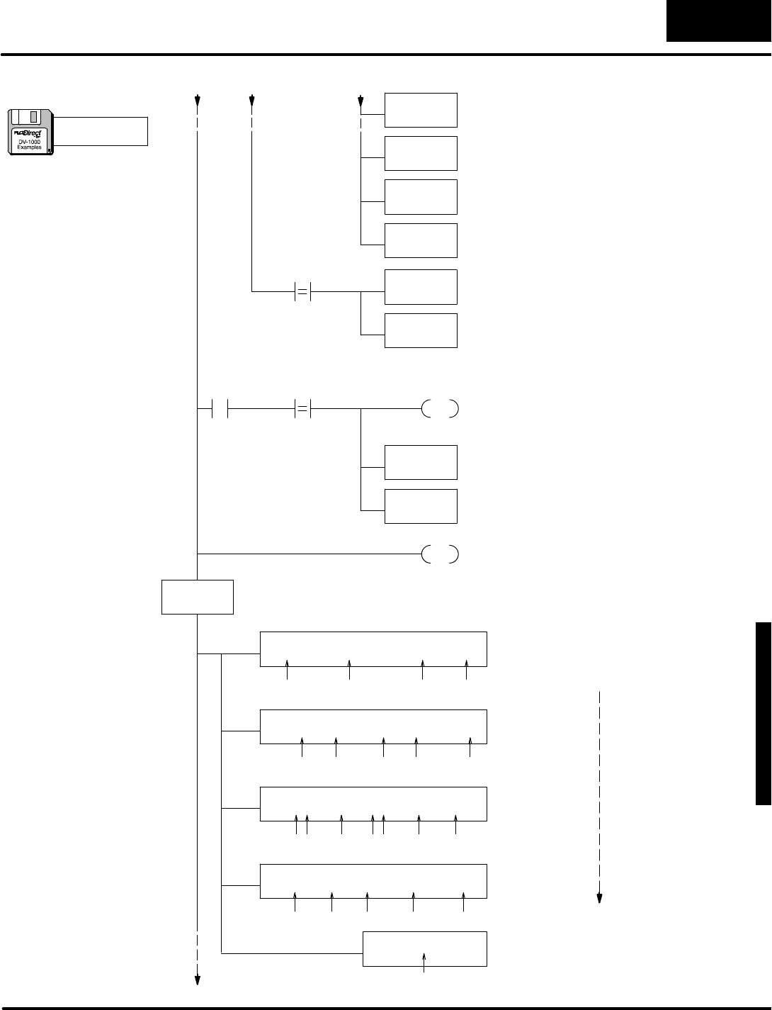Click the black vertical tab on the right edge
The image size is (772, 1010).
point(763,714)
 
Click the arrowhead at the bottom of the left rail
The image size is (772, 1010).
point(198,980)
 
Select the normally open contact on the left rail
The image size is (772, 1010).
point(220,409)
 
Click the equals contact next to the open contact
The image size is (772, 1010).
point(302,409)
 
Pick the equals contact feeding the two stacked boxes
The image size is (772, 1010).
point(302,291)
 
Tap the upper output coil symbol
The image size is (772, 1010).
point(440,409)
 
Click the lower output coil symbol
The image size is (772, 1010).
point(440,554)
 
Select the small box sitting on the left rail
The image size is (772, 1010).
point(198,597)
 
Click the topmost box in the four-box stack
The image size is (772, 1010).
point(421,110)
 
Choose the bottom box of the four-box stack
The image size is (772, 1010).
point(421,240)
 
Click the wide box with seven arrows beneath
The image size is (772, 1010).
point(374,804)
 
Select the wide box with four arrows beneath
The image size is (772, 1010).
point(374,648)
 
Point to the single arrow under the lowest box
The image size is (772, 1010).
point(424,962)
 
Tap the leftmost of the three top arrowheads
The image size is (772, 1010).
point(198,100)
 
